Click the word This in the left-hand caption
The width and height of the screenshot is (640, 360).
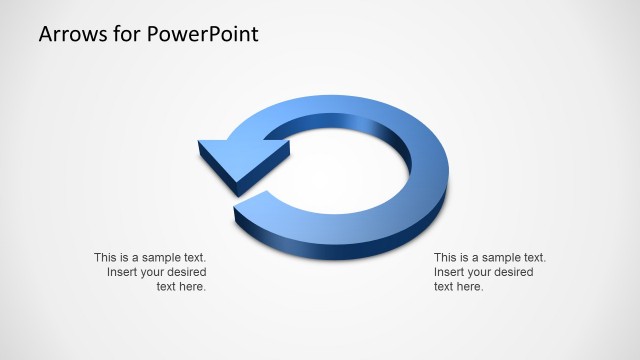coord(107,258)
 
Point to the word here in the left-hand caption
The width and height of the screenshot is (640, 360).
coord(192,287)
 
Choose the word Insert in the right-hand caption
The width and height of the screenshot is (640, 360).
coord(449,273)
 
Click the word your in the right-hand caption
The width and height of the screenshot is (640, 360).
coord(479,273)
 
